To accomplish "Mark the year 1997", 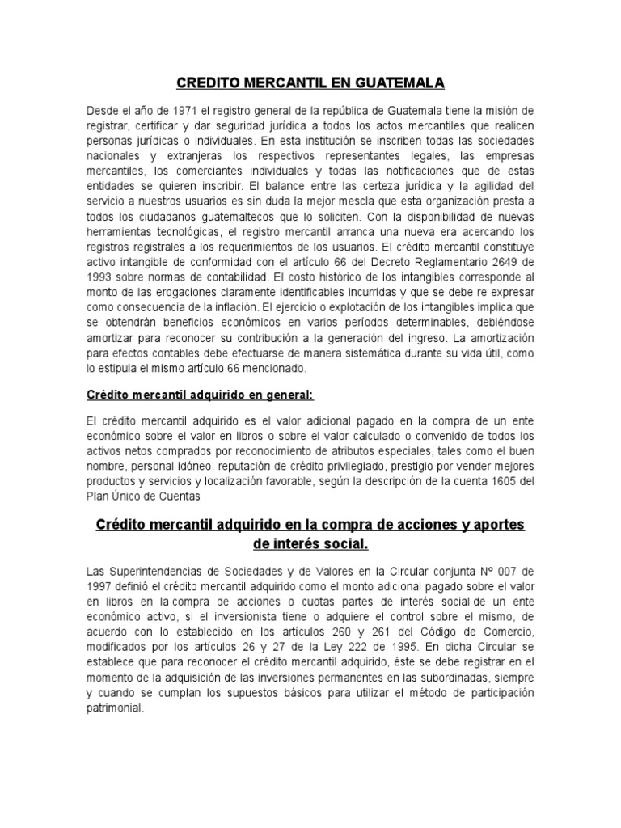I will [99, 585].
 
